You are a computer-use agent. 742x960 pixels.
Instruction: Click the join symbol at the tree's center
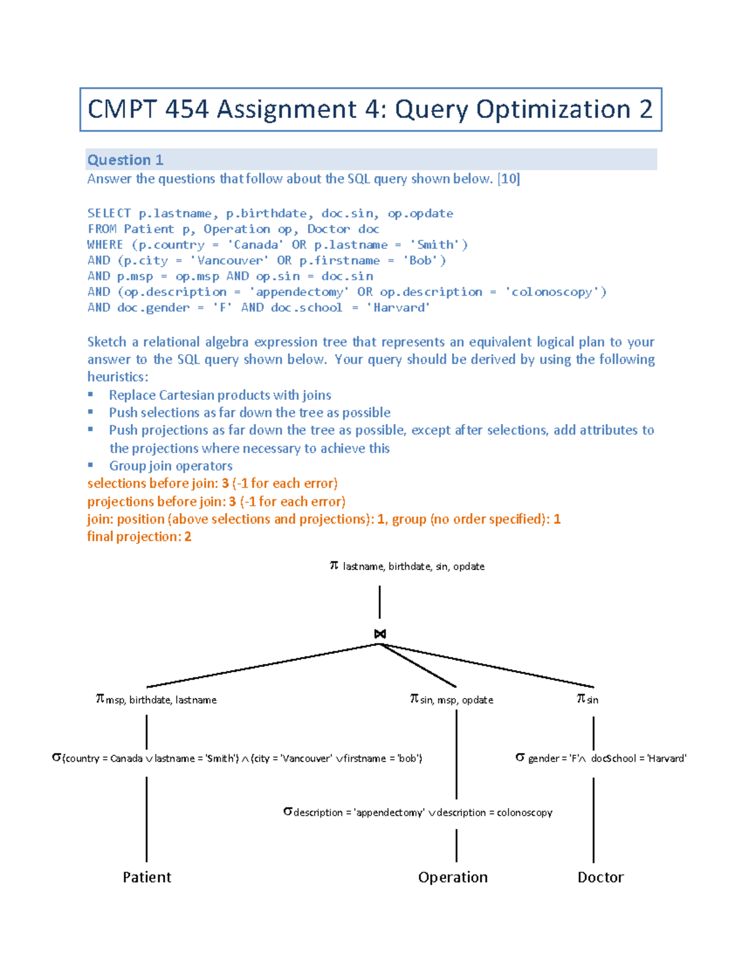[x=380, y=634]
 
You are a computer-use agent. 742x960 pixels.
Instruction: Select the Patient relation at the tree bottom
[x=147, y=877]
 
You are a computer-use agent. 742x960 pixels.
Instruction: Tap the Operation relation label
[x=453, y=877]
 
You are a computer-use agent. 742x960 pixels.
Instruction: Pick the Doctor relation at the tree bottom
[x=600, y=877]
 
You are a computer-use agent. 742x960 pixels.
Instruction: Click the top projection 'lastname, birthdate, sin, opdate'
[x=407, y=566]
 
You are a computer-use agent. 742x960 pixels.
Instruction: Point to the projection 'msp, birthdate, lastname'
[x=156, y=700]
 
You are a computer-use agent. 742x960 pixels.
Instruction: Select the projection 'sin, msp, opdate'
[x=451, y=700]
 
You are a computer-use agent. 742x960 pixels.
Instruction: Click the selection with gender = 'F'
[x=601, y=758]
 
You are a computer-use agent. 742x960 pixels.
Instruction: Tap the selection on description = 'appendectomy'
[x=418, y=812]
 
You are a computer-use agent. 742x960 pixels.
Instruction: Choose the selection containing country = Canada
[x=237, y=758]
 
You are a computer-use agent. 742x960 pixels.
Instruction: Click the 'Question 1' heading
[x=125, y=160]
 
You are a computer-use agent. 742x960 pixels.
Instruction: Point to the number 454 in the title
[x=187, y=109]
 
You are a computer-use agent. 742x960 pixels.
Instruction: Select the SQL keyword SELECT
[x=109, y=213]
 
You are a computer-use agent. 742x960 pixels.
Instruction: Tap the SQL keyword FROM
[x=102, y=229]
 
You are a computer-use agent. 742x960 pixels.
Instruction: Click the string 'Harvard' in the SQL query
[x=399, y=307]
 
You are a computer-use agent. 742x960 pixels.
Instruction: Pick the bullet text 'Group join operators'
[x=171, y=465]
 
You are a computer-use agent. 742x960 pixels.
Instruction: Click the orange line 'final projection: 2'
[x=139, y=537]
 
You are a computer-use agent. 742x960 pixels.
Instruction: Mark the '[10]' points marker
[x=509, y=179]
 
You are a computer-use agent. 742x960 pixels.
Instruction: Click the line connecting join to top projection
[x=380, y=602]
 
